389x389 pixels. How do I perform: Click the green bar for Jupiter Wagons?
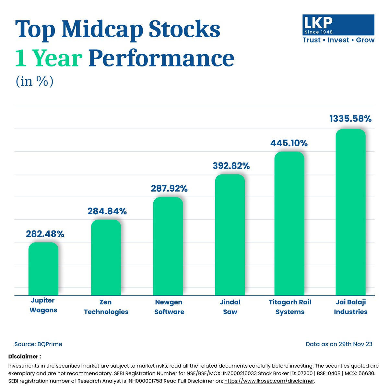[x=43, y=269]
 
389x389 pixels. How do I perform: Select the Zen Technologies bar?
[x=106, y=258]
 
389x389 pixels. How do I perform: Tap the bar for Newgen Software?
[x=168, y=246]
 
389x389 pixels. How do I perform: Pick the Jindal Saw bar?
[x=230, y=235]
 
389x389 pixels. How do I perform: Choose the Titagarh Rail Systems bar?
[x=289, y=224]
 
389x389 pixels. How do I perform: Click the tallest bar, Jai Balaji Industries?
[x=350, y=212]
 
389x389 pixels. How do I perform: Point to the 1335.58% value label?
[x=350, y=119]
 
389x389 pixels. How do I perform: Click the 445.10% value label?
[x=289, y=143]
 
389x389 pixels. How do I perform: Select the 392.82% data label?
[x=231, y=166]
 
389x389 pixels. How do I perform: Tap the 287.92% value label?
[x=169, y=188]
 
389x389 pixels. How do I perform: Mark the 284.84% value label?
[x=107, y=211]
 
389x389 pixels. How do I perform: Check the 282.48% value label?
[x=45, y=234]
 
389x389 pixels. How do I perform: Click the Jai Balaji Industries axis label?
[x=350, y=307]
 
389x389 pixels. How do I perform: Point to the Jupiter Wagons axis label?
[x=43, y=305]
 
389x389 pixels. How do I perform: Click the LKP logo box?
[x=338, y=25]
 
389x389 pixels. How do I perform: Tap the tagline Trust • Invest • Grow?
[x=338, y=40]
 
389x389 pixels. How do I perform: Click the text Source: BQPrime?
[x=38, y=344]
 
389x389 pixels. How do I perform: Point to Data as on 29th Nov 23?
[x=339, y=344]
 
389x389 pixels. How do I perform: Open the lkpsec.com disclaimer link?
[x=269, y=381]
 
